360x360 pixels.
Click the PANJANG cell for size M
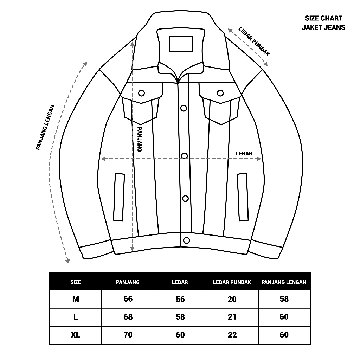point(128,299)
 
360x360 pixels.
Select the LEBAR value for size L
point(180,317)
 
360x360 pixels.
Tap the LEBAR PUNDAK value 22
point(232,335)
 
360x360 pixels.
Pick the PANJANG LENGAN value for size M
point(284,299)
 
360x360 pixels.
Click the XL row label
point(76,335)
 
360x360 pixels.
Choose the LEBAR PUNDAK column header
point(232,282)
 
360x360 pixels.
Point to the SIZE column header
point(76,282)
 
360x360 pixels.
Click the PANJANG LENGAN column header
point(284,282)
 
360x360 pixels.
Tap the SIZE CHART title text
point(323,19)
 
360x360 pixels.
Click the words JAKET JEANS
point(323,27)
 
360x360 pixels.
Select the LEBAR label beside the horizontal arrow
point(244,154)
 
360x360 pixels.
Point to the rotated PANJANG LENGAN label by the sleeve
point(45,127)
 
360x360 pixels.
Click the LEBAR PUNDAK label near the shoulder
point(254,41)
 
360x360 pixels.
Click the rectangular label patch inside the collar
point(181,44)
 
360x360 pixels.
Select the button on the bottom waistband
point(186,240)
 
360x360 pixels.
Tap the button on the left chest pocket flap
point(142,93)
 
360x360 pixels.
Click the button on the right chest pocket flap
point(220,93)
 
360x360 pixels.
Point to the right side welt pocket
point(243,197)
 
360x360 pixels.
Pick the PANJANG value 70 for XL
point(128,335)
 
